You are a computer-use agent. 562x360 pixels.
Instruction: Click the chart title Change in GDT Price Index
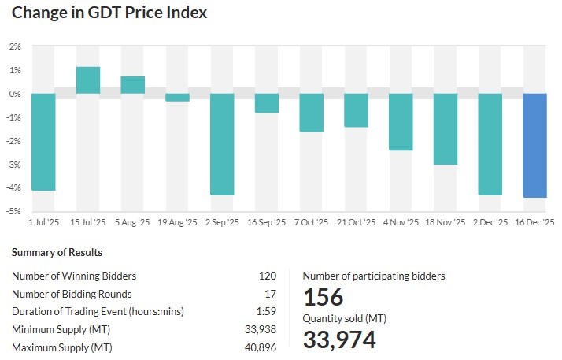pyautogui.click(x=110, y=13)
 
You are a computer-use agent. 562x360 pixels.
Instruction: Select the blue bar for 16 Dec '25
pyautogui.click(x=535, y=145)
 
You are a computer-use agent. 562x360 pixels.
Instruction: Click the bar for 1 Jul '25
pyautogui.click(x=43, y=142)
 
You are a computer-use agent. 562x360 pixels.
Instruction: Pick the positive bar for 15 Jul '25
pyautogui.click(x=88, y=80)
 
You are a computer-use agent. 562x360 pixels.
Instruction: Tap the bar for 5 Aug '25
pyautogui.click(x=132, y=85)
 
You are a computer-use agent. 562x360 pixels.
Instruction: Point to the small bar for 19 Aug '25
pyautogui.click(x=177, y=98)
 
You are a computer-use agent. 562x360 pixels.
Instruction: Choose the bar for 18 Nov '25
pyautogui.click(x=446, y=129)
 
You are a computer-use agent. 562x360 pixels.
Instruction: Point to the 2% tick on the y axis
pyautogui.click(x=15, y=46)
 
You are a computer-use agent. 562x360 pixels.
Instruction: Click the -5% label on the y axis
pyautogui.click(x=13, y=211)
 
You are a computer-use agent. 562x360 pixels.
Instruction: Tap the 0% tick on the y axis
pyautogui.click(x=15, y=94)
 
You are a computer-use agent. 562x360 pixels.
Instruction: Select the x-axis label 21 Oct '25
pyautogui.click(x=356, y=223)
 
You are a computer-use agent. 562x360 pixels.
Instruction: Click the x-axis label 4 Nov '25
pyautogui.click(x=401, y=223)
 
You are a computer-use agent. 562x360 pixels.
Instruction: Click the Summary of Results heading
pyautogui.click(x=57, y=253)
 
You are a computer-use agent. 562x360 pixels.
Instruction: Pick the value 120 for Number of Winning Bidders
pyautogui.click(x=268, y=276)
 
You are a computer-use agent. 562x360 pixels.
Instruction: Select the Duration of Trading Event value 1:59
pyautogui.click(x=267, y=311)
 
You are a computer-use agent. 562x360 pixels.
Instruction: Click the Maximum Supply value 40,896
pyautogui.click(x=261, y=347)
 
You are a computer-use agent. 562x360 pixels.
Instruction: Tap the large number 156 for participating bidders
pyautogui.click(x=324, y=298)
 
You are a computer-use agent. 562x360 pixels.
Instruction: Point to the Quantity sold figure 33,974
pyautogui.click(x=339, y=340)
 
